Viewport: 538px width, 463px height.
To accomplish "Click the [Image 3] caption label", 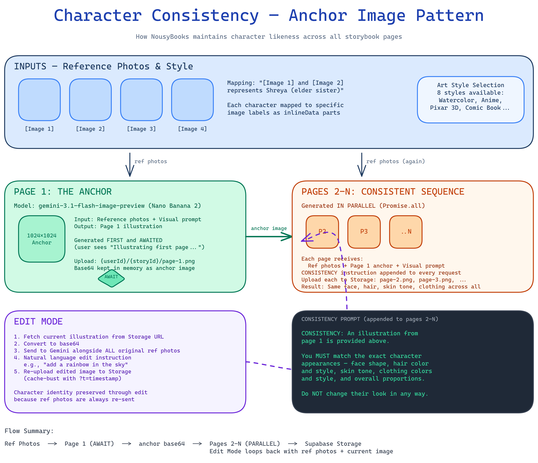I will coord(141,129).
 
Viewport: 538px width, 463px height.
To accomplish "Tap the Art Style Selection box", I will coord(471,100).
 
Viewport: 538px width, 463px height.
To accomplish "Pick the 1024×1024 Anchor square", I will coord(42,239).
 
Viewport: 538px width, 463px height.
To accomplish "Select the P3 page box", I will coord(364,232).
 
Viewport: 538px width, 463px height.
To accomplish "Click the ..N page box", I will coord(406,232).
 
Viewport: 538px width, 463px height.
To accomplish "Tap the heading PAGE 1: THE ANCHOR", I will coord(63,192).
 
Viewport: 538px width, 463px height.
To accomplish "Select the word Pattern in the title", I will coord(450,16).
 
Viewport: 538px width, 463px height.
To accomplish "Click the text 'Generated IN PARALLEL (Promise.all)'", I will coord(363,206).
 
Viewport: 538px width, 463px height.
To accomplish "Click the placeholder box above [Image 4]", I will coord(192,100).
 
